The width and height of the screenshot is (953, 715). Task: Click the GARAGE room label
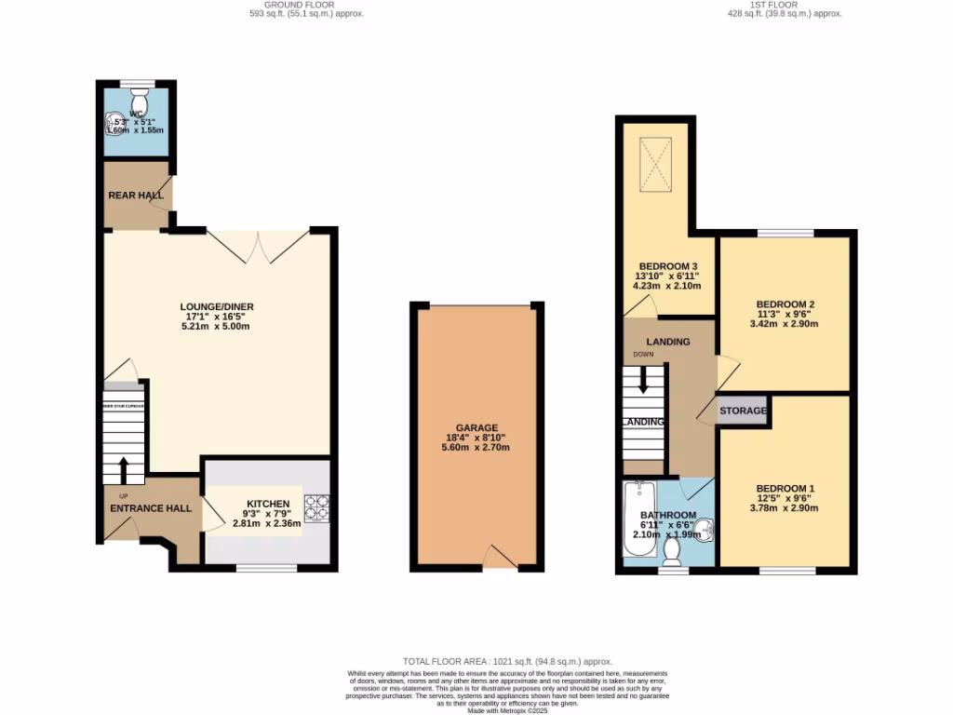(476, 428)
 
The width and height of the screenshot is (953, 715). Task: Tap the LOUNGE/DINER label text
(218, 307)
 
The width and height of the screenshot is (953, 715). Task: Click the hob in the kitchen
(318, 507)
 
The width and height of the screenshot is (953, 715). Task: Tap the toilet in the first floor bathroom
(672, 552)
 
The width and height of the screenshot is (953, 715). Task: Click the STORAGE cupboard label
(743, 411)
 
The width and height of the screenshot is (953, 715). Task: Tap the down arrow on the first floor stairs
(643, 381)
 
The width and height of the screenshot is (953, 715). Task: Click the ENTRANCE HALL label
(151, 508)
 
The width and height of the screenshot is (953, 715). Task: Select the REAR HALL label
(136, 196)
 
